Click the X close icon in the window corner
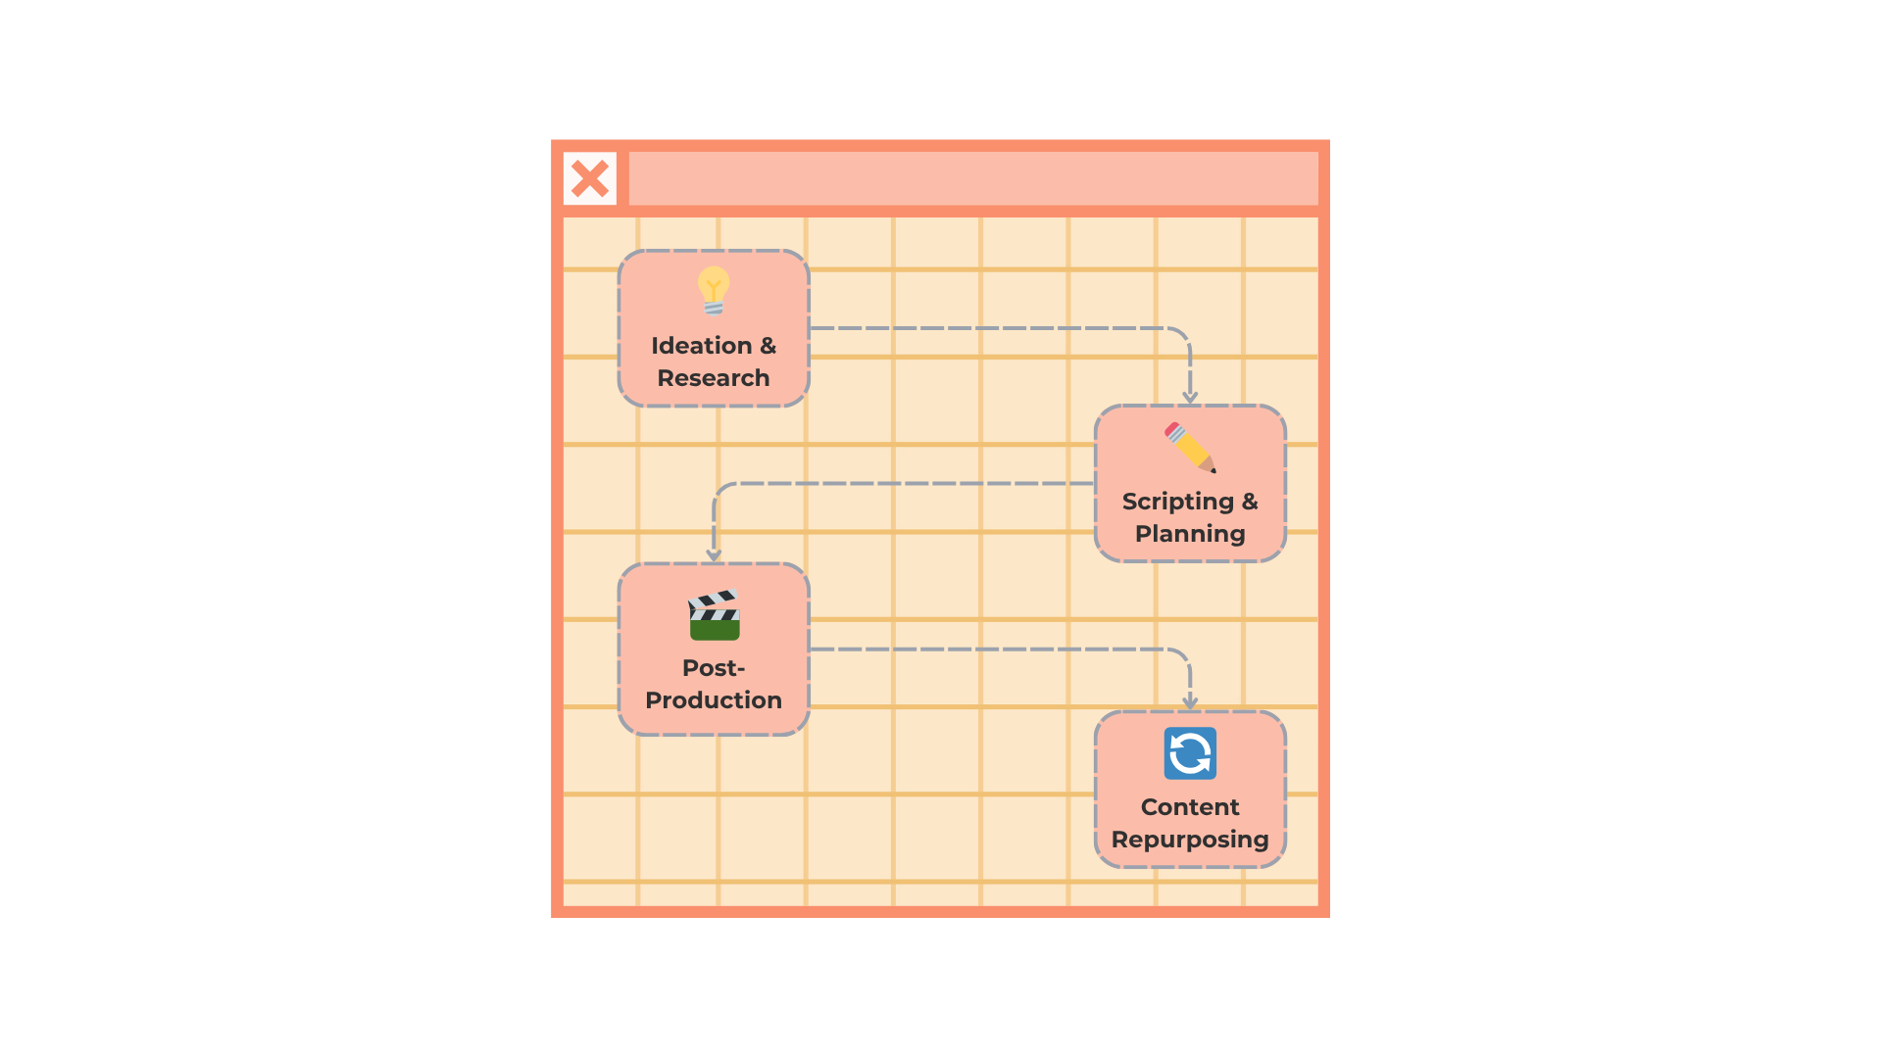click(x=590, y=178)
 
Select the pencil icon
click(x=1190, y=448)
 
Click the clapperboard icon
click(x=714, y=614)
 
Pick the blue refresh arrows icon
click(x=1190, y=753)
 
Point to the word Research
click(x=714, y=378)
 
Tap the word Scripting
click(x=1178, y=503)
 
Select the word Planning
click(x=1190, y=535)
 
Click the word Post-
click(x=714, y=668)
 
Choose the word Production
click(x=714, y=700)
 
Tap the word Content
click(x=1190, y=807)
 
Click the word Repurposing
click(x=1190, y=841)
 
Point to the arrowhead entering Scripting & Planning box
click(x=1190, y=398)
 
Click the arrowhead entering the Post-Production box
click(x=714, y=555)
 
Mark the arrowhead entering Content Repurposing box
click(x=1190, y=703)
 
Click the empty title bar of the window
click(x=973, y=178)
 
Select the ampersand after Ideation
click(x=768, y=346)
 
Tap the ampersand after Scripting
click(x=1250, y=502)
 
